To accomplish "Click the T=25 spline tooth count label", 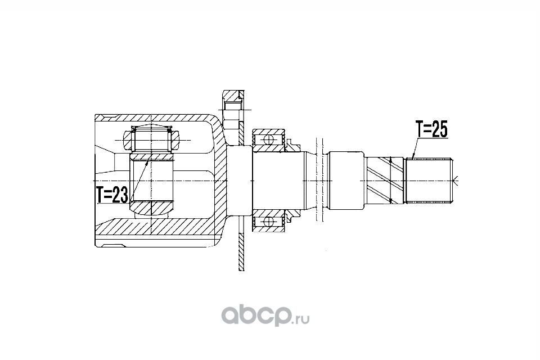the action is pos(431,129).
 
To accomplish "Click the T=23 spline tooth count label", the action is pos(112,195).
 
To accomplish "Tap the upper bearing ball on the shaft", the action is pos(268,139).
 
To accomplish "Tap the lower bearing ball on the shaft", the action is pos(268,221).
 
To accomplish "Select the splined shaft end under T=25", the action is pos(429,181).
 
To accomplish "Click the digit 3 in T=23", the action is pos(123,195).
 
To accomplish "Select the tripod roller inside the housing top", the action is pos(151,140).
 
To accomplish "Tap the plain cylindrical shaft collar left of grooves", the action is pos(346,181).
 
